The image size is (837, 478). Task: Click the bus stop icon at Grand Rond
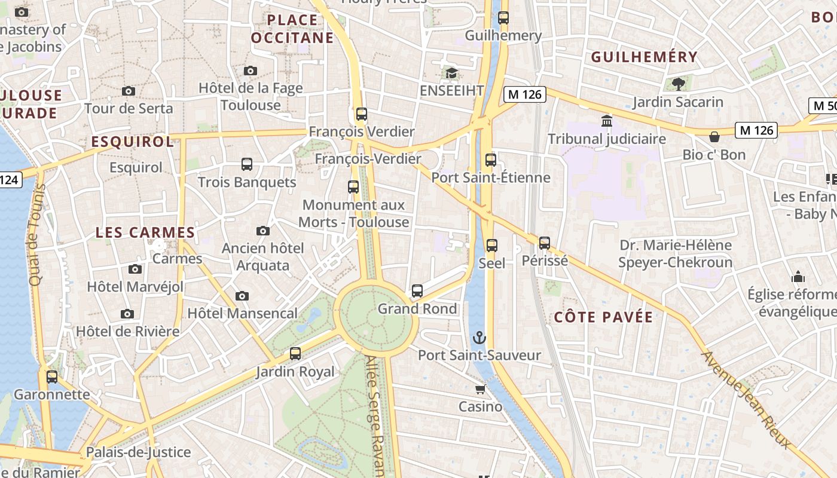click(417, 291)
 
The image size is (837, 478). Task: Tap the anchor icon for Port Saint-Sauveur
click(479, 338)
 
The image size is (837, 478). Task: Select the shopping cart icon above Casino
click(480, 390)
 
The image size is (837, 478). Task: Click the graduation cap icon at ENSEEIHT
click(451, 73)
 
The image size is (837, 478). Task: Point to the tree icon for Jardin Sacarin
click(678, 84)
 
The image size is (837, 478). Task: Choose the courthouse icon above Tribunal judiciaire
click(607, 121)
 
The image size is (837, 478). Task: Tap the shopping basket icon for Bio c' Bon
click(714, 137)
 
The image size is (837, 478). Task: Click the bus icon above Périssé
click(544, 243)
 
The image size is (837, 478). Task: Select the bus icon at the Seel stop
click(491, 246)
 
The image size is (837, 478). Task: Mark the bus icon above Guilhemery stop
click(503, 18)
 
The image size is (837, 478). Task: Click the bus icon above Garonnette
click(52, 377)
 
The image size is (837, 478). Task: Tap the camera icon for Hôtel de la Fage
click(251, 71)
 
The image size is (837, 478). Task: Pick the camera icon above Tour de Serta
click(128, 91)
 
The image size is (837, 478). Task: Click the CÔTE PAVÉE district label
click(603, 317)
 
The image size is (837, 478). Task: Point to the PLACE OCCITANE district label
click(292, 29)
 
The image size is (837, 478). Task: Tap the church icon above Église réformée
click(798, 277)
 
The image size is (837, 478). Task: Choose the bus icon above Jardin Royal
click(295, 354)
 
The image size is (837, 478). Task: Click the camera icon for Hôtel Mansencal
click(242, 296)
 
